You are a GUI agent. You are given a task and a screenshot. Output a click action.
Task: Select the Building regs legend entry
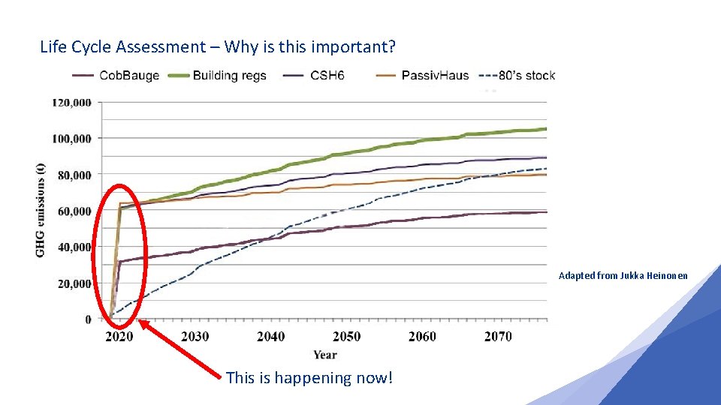(229, 75)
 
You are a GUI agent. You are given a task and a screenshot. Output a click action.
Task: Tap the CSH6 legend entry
(327, 75)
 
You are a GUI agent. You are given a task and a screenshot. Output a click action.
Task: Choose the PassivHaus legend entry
(435, 75)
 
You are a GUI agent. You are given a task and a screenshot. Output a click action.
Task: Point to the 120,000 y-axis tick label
(72, 103)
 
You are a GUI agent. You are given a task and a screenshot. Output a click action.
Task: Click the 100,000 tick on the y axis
(72, 139)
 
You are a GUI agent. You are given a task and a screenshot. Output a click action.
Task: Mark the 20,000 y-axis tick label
(75, 283)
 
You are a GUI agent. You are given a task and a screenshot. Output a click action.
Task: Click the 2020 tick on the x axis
(119, 337)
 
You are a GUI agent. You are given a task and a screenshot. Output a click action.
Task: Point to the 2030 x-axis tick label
(195, 337)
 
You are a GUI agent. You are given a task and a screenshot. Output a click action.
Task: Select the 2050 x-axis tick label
(346, 337)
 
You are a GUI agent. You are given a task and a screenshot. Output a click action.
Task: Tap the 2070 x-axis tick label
(498, 337)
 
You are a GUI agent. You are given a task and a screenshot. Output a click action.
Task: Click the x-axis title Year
(325, 355)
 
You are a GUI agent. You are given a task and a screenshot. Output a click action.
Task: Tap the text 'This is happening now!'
(309, 378)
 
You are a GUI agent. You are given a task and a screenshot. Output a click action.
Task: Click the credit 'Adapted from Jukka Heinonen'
(623, 276)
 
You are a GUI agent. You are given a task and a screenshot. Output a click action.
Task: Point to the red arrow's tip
(140, 322)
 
